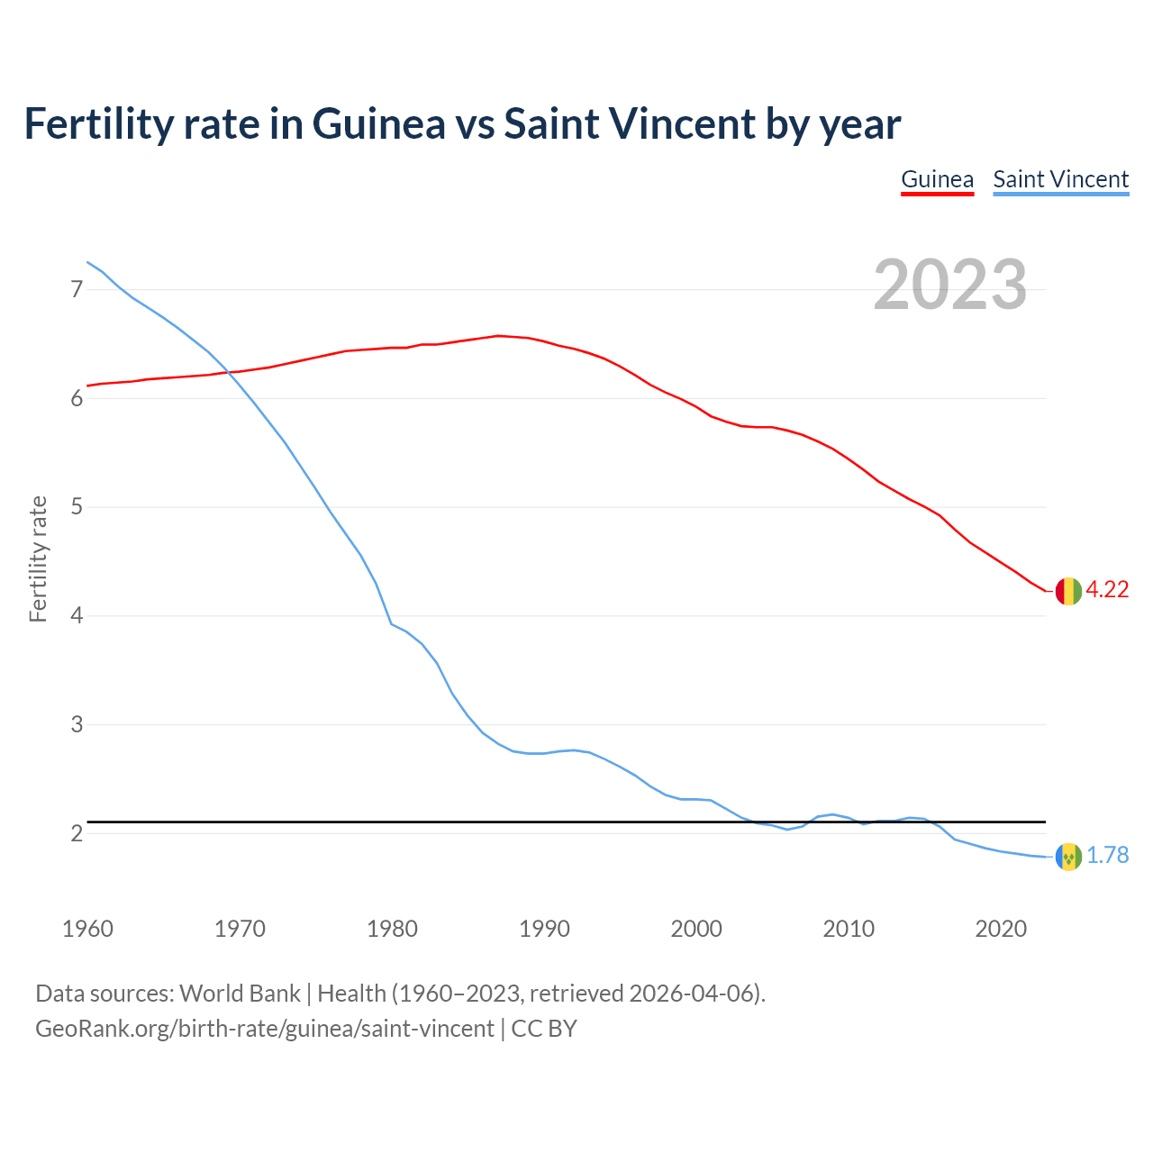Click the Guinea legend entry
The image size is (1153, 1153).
(x=937, y=179)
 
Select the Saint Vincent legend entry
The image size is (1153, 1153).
(x=1060, y=179)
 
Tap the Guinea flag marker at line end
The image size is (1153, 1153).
(x=1067, y=591)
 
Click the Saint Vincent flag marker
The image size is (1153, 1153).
(x=1067, y=857)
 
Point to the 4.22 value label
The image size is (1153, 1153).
(x=1107, y=590)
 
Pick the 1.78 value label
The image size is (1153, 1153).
(x=1107, y=856)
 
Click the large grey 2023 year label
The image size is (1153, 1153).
(x=949, y=285)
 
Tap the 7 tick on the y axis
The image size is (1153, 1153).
(x=77, y=290)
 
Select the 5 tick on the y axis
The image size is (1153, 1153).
(x=77, y=507)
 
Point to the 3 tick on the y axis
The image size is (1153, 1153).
(x=77, y=725)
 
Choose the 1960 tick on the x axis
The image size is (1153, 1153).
(x=87, y=929)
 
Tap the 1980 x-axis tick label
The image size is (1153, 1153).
(x=392, y=929)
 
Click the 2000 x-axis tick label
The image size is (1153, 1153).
(x=696, y=929)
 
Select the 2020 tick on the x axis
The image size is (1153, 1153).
(x=1001, y=929)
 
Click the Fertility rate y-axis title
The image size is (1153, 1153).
(x=38, y=558)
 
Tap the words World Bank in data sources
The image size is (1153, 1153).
(x=240, y=994)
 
